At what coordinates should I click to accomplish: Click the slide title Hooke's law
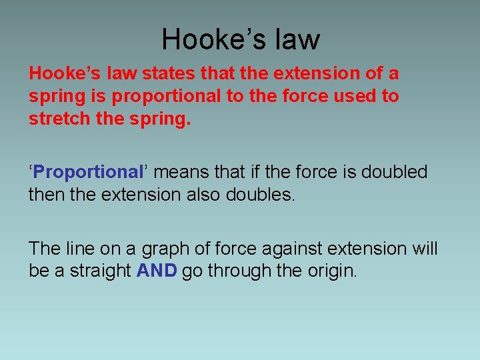click(240, 39)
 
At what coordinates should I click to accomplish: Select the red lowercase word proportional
click(167, 97)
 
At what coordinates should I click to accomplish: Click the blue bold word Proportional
click(88, 172)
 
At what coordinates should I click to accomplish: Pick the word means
click(181, 172)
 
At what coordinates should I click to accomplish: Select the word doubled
click(394, 172)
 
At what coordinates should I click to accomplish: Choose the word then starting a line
click(45, 195)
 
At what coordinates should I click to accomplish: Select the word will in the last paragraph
click(425, 249)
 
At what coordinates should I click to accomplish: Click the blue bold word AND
click(157, 271)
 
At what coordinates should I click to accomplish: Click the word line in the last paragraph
click(79, 249)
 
